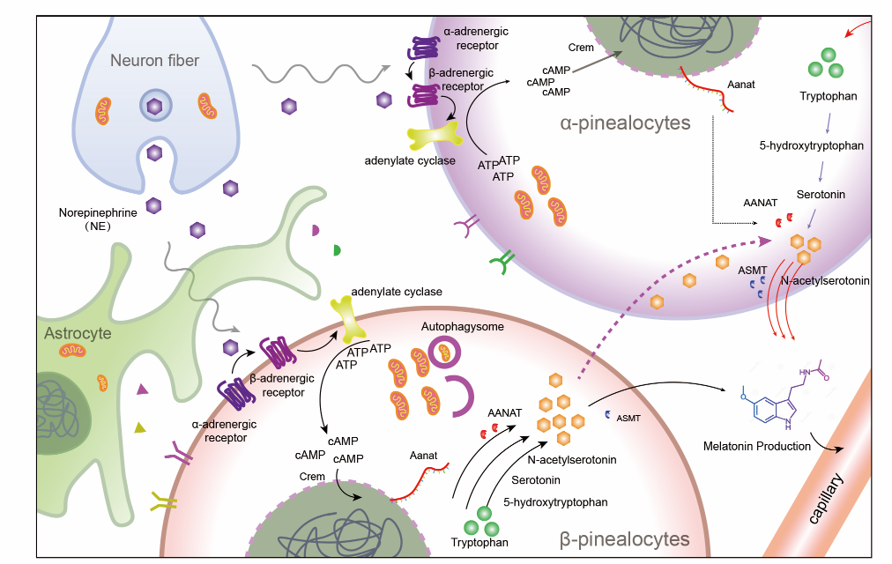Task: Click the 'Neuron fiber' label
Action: (x=154, y=61)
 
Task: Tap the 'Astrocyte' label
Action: (x=78, y=334)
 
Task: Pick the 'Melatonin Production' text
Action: (x=756, y=446)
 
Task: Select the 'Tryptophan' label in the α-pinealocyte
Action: (x=828, y=95)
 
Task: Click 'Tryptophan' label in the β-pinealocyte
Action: (x=479, y=542)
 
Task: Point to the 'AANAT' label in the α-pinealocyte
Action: (x=758, y=201)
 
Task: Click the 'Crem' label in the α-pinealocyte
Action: (x=581, y=48)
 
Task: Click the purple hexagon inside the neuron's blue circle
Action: (x=154, y=107)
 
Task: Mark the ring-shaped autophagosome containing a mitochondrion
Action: (x=447, y=354)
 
